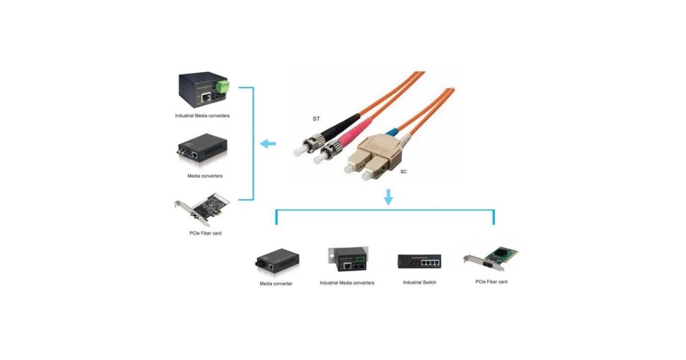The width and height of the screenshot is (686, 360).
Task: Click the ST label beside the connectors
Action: click(x=316, y=119)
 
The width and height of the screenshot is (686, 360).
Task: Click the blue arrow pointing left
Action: click(x=267, y=144)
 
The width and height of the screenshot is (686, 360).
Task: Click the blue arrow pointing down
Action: click(x=389, y=197)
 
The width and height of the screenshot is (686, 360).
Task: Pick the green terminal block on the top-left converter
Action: click(x=222, y=86)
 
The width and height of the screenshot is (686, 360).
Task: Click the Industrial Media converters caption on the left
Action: click(x=202, y=115)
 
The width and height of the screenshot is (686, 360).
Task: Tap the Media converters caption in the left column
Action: click(x=205, y=176)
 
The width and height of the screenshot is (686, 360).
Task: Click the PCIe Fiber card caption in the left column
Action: click(x=204, y=234)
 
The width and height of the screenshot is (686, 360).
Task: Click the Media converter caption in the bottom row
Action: click(x=276, y=283)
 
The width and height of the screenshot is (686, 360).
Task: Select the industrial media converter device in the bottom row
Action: click(x=347, y=260)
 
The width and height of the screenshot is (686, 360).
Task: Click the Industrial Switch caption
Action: click(x=420, y=282)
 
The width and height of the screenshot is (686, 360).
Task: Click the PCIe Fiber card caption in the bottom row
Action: click(x=491, y=282)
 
